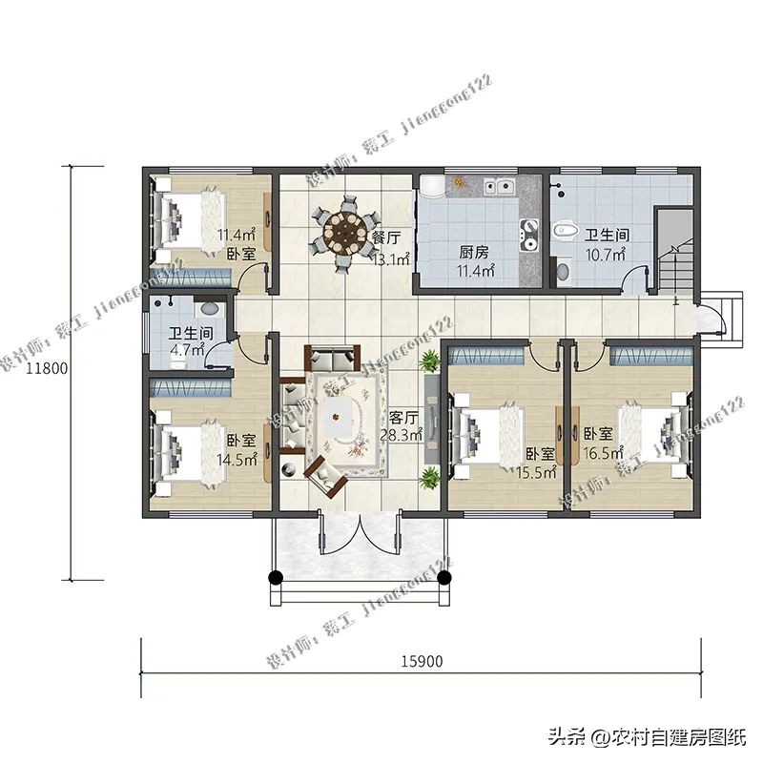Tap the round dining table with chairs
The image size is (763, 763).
tap(344, 231)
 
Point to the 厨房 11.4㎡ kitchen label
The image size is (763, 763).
tap(474, 261)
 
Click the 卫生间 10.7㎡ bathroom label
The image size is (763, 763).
tap(605, 244)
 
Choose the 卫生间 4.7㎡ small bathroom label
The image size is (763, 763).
tap(190, 341)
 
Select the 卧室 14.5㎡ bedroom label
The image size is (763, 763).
tap(239, 450)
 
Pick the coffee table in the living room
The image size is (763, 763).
tap(340, 418)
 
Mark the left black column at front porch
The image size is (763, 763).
tap(276, 577)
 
